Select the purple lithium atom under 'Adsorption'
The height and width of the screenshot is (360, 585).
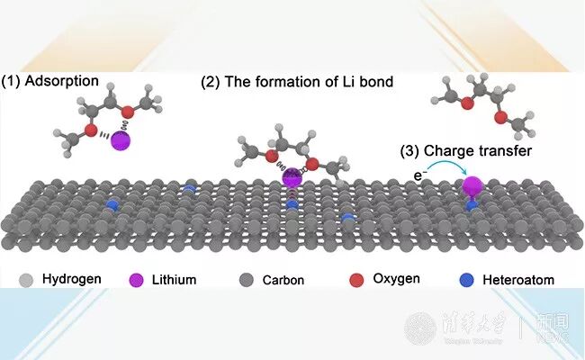121,141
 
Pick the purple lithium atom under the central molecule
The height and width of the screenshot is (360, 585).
292,177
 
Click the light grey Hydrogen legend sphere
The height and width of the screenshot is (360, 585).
18,278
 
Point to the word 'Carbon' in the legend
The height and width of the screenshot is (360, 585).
283,279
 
